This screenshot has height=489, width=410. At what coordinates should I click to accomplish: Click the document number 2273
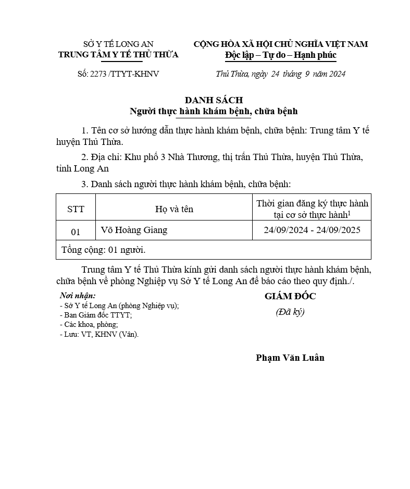[97, 74]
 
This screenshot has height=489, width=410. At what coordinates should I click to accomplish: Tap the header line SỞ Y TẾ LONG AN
[118, 44]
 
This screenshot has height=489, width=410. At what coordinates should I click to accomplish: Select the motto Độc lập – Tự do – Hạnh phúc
[281, 55]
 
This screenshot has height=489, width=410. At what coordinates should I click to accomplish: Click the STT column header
[76, 209]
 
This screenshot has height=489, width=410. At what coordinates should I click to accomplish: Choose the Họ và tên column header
[174, 209]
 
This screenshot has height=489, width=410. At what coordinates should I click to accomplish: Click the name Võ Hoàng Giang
[134, 230]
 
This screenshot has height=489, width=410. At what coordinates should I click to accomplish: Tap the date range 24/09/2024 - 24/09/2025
[312, 230]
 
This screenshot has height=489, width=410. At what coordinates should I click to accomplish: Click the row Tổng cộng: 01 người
[104, 250]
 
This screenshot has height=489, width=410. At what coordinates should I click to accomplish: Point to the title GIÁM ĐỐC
[290, 296]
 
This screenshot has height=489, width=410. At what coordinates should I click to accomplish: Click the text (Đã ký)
[290, 312]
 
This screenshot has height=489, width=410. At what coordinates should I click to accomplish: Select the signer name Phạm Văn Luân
[290, 358]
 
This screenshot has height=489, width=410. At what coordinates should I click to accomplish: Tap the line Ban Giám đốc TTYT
[96, 315]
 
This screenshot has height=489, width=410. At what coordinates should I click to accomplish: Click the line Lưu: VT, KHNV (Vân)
[99, 334]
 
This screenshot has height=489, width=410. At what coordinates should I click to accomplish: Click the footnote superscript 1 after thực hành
[349, 213]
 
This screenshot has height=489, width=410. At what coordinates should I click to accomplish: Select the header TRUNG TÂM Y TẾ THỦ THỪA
[118, 55]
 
